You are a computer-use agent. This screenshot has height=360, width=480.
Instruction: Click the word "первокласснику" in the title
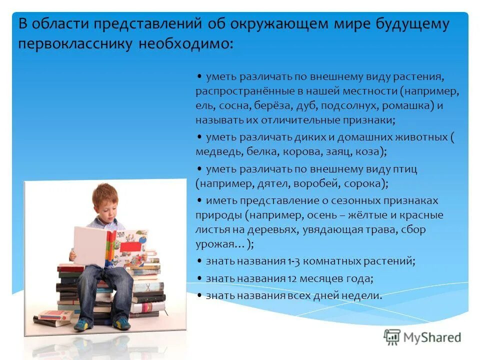pyautogui.click(x=74, y=44)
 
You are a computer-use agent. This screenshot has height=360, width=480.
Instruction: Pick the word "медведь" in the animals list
pyautogui.click(x=218, y=150)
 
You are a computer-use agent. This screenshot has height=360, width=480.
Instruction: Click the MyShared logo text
pyautogui.click(x=433, y=337)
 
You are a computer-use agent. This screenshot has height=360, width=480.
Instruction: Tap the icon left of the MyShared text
pyautogui.click(x=392, y=337)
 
